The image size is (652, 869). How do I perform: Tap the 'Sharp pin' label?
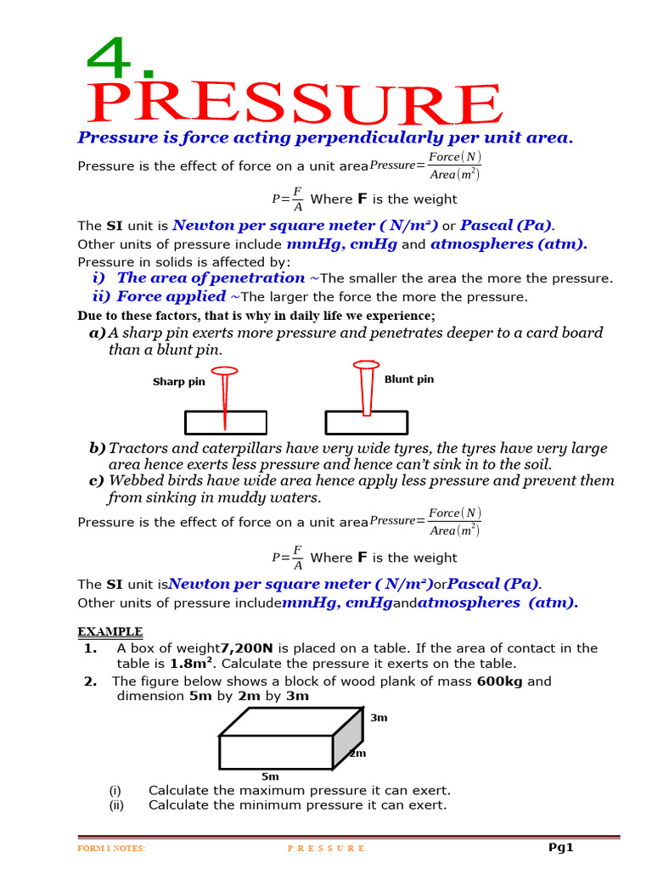(178, 382)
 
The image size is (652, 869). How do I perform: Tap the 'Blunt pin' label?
(408, 379)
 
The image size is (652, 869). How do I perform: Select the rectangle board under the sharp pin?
(226, 423)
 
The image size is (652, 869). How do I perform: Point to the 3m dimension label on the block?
(379, 718)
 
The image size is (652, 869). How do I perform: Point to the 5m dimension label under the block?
(270, 776)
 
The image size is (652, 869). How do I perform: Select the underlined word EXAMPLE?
(110, 631)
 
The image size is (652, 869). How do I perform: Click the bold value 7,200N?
(247, 648)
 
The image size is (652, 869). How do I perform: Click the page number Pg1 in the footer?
(561, 847)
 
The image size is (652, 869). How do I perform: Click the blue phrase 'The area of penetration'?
(211, 278)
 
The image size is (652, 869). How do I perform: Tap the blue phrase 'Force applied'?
(171, 296)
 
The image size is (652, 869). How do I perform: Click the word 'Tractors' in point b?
(138, 448)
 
